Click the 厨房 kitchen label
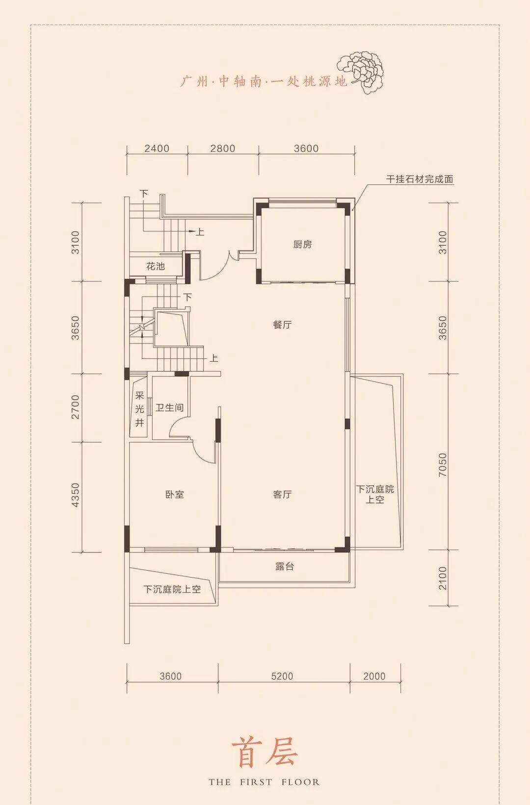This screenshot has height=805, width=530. click(302, 245)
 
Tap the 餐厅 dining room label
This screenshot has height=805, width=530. click(283, 325)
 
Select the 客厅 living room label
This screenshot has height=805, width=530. click(283, 495)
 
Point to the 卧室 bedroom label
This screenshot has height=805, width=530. click(175, 495)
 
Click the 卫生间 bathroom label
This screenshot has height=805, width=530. click(169, 408)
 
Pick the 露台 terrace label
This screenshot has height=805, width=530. click(285, 567)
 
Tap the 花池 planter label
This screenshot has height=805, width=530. click(156, 266)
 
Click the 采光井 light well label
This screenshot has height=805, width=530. click(139, 409)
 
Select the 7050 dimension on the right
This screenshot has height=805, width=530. click(443, 465)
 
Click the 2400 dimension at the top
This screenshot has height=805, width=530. click(157, 149)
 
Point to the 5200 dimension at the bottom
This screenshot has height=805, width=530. click(283, 677)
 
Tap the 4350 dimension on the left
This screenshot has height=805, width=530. click(75, 495)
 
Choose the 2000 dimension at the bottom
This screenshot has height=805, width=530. click(374, 677)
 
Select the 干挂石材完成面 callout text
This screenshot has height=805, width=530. click(420, 179)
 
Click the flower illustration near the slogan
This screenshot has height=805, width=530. click(360, 72)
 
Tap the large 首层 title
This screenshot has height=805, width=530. click(265, 753)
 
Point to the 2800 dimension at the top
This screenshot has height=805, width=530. click(223, 149)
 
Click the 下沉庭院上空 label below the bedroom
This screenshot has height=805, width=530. click(172, 589)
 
